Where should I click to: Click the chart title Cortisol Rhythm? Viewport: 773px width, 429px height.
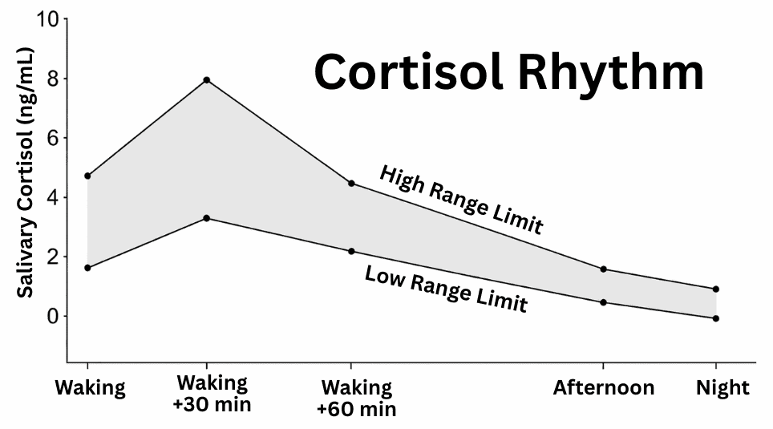click(508, 72)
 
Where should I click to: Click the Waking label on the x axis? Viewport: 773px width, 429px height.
click(90, 389)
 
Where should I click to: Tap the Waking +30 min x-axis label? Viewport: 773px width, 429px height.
click(212, 392)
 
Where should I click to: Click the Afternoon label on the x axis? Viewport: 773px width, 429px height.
click(603, 389)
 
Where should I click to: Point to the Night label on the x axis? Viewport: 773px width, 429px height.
click(722, 389)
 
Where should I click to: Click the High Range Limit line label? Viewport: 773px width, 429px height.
click(460, 200)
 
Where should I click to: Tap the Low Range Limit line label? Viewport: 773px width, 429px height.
click(446, 289)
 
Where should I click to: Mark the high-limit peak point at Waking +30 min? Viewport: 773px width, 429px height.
click(207, 80)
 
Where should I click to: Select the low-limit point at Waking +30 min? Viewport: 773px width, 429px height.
click(207, 218)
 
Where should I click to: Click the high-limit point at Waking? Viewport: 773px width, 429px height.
click(87, 176)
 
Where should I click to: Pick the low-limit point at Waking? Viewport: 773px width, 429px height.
click(87, 267)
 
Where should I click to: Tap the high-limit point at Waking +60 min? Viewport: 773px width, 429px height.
click(351, 184)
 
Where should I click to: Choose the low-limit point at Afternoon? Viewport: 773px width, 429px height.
click(603, 302)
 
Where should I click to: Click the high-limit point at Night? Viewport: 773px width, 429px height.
click(716, 289)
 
